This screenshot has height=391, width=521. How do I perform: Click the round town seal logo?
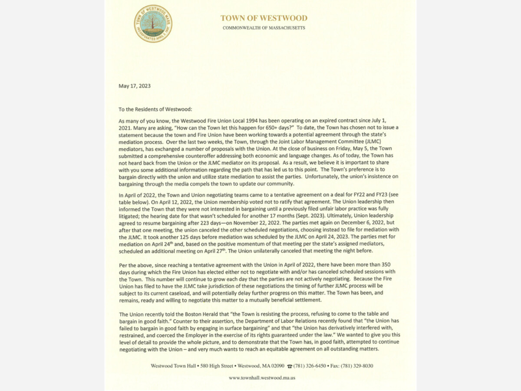tap(153, 23)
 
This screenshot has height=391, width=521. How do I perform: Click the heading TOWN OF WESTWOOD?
tap(264, 18)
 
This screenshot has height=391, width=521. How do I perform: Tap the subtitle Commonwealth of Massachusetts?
tap(264, 28)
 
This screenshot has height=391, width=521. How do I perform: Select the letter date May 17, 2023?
tap(135, 86)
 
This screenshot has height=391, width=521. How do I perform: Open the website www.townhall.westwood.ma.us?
tap(262, 378)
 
